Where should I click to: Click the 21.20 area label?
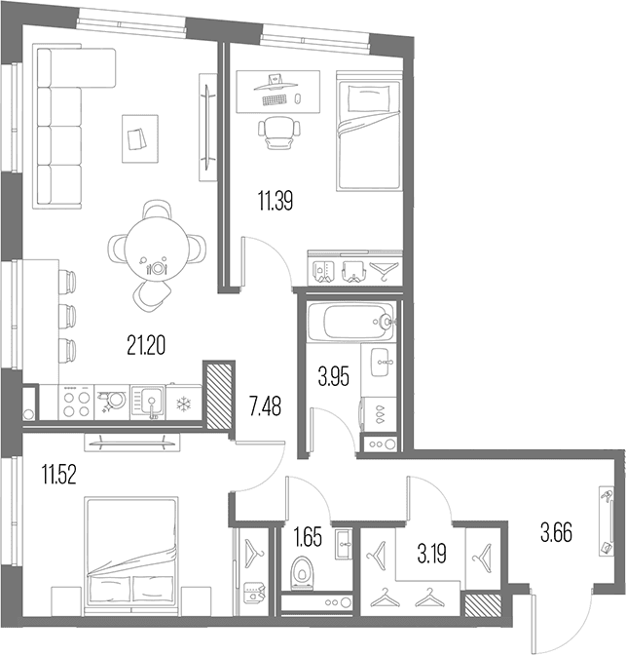click(146, 345)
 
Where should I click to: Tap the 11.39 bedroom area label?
click(276, 201)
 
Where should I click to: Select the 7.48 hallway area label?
click(266, 406)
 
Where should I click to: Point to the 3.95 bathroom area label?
click(334, 376)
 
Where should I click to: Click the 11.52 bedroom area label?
click(58, 475)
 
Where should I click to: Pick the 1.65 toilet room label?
click(308, 537)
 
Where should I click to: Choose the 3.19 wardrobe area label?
click(432, 554)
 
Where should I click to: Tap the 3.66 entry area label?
click(556, 532)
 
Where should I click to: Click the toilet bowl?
click(302, 572)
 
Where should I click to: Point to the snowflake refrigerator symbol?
click(184, 404)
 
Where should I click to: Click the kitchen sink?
click(148, 402)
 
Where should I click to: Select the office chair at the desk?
click(279, 132)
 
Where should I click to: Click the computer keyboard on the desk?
click(275, 100)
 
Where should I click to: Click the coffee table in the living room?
click(140, 138)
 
